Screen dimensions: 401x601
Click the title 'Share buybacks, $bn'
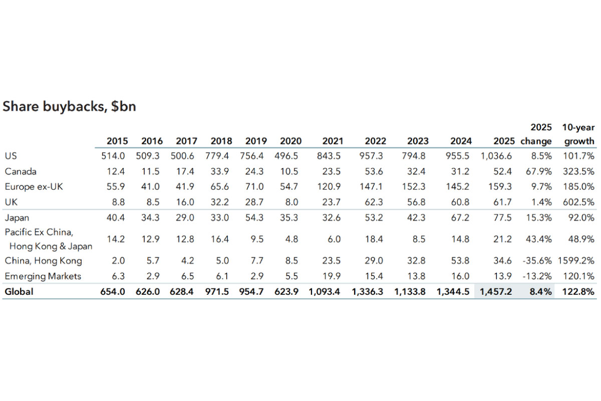(x=70, y=107)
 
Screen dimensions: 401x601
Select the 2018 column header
(x=221, y=141)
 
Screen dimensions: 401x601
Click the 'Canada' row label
(x=21, y=171)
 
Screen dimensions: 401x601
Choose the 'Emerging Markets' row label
(x=43, y=276)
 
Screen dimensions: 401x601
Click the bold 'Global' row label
(x=19, y=291)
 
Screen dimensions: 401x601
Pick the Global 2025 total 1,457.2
(x=495, y=291)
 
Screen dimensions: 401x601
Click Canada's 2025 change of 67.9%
(x=538, y=171)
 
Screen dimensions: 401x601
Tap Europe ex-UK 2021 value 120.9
(x=330, y=187)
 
